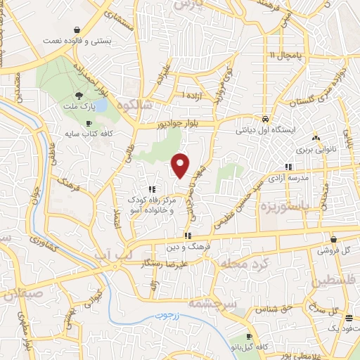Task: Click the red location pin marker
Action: (x=181, y=165)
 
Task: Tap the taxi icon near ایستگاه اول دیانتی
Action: (x=264, y=118)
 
